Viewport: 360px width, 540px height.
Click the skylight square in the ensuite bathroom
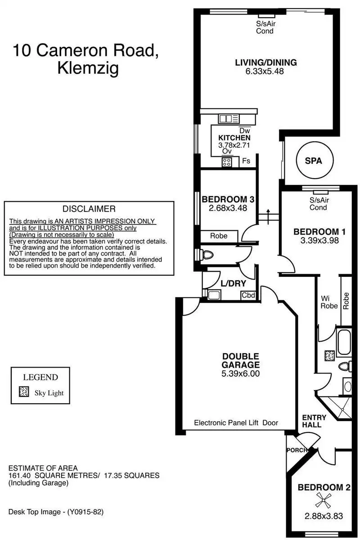coord(329,356)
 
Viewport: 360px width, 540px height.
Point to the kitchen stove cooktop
coord(226,162)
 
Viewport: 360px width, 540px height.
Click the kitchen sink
coord(228,119)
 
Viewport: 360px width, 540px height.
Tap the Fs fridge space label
coord(246,161)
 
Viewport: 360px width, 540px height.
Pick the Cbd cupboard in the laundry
coord(248,295)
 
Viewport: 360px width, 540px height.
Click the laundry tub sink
coord(214,295)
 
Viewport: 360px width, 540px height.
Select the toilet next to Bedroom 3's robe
coord(207,255)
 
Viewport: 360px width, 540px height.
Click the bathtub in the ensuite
coord(344,342)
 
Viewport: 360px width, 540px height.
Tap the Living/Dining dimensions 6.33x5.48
coord(265,72)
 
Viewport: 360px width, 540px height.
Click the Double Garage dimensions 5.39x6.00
coord(240,373)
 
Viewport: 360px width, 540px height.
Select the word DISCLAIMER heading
coord(89,209)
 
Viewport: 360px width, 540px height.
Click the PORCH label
coord(297,450)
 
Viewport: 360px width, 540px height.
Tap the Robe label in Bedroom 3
coord(219,236)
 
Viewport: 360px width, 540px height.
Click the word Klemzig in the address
coord(88,69)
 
